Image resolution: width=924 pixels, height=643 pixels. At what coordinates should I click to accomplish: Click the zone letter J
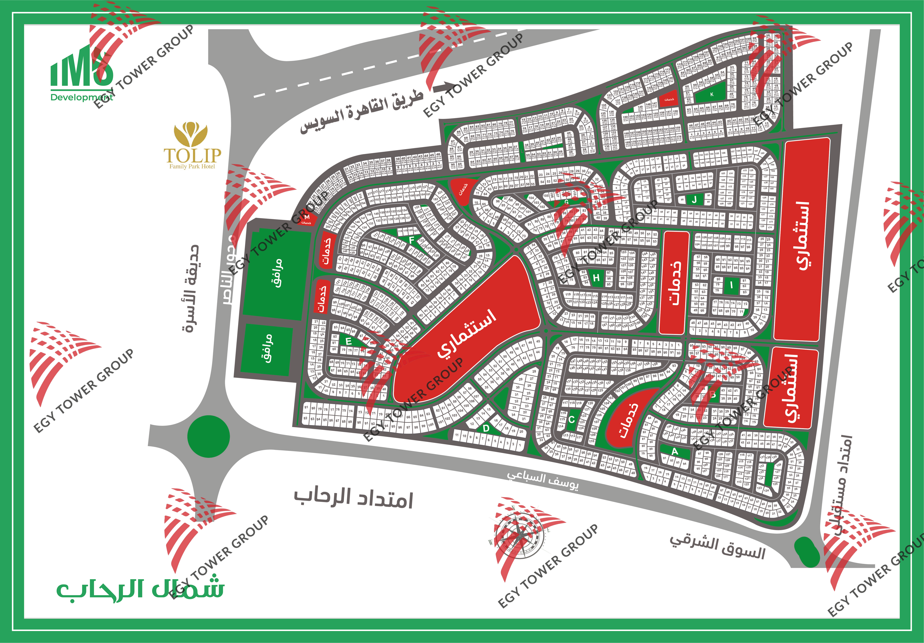(694, 200)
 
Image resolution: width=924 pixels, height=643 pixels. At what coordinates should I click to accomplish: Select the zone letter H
(596, 278)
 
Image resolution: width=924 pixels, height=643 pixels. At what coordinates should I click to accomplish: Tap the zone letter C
(572, 420)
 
